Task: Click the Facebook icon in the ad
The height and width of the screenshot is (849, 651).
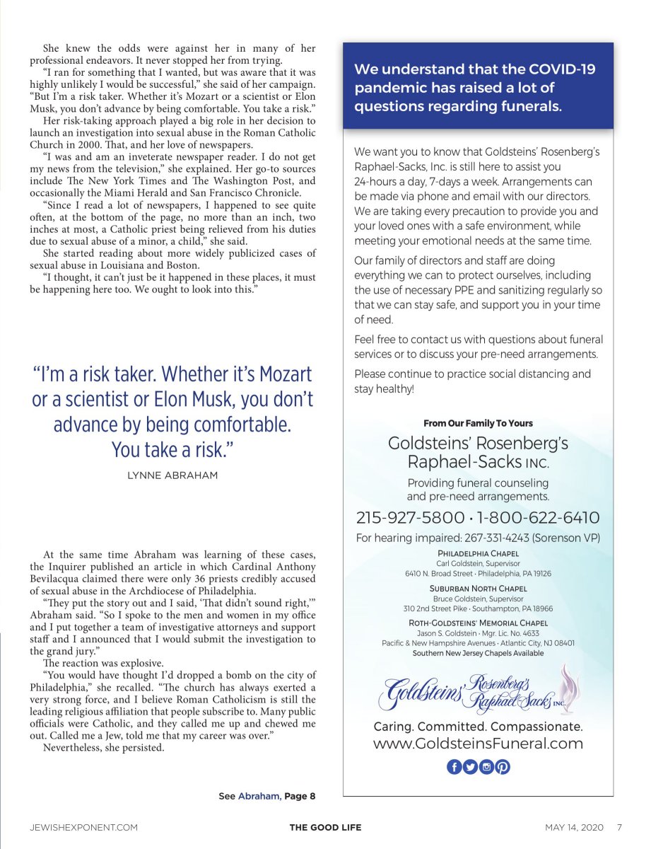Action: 454,766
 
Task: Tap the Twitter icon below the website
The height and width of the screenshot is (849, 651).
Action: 470,766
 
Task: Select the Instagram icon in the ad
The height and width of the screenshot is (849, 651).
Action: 486,766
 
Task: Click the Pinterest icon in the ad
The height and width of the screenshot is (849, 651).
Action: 503,766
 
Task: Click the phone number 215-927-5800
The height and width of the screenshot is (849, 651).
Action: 410,517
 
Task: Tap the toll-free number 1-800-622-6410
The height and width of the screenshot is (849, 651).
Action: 539,517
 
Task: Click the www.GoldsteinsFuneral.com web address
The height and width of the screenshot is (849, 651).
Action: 478,744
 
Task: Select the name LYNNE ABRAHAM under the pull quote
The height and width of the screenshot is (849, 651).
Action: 172,475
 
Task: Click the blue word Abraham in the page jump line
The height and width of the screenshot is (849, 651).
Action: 259,796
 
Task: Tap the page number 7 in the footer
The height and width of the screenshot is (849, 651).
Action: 619,827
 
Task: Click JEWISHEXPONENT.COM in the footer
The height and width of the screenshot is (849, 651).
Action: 83,827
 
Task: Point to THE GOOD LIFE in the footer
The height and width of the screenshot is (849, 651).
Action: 326,827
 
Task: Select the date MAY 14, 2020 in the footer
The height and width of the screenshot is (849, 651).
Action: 575,827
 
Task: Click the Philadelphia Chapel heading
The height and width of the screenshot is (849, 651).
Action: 478,553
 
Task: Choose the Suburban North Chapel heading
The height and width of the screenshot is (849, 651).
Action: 478,589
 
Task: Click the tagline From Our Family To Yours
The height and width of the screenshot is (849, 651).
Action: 478,423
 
